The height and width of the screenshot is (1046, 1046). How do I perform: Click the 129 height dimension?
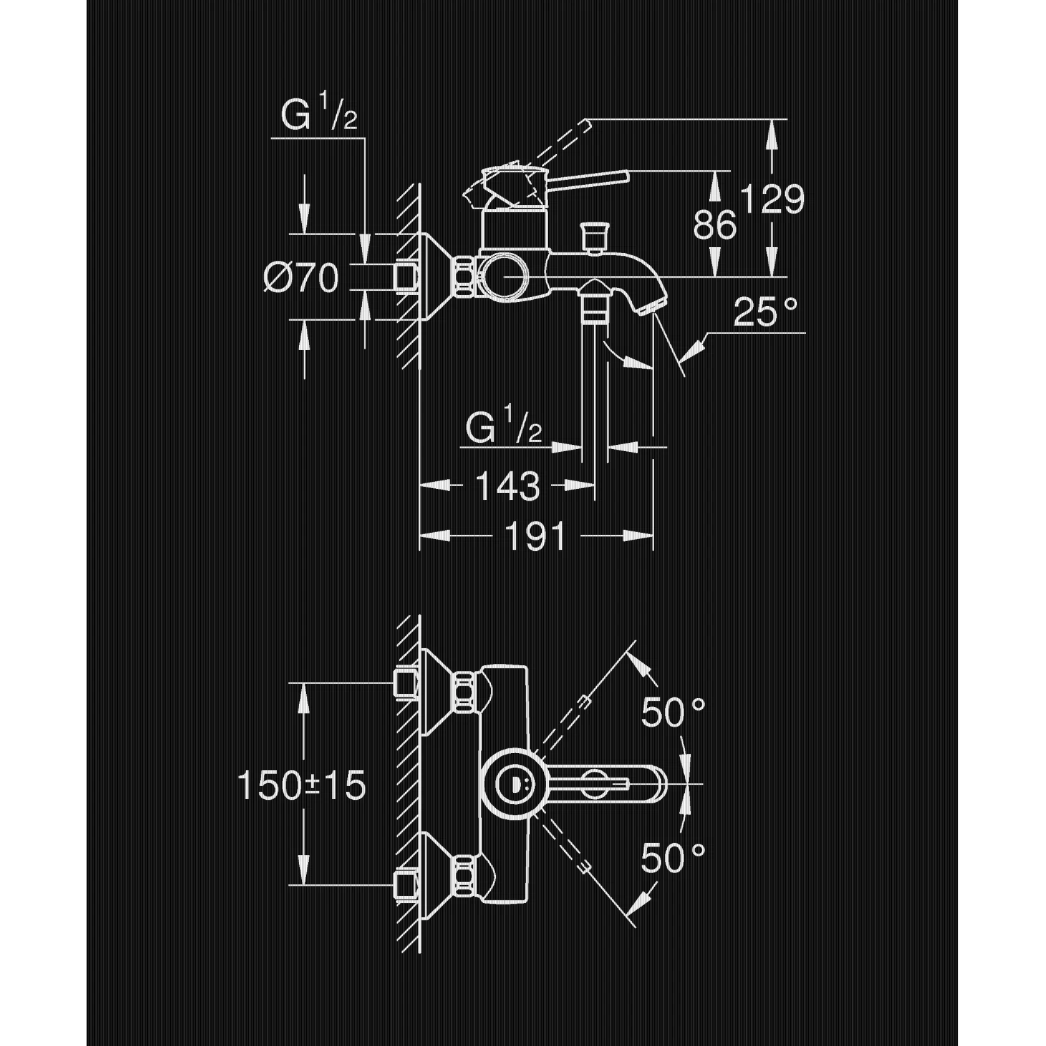pos(772,199)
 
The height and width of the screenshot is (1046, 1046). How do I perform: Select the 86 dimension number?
pos(715,225)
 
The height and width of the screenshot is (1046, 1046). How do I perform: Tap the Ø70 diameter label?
pos(302,279)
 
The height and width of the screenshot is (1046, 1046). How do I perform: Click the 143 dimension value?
pos(508,486)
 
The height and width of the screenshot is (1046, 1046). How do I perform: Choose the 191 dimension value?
pos(535,537)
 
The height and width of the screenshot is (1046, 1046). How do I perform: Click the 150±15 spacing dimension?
pos(302,786)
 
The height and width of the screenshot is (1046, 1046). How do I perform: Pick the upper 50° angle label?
pos(673,712)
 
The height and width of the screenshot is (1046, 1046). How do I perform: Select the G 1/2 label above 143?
pos(503,429)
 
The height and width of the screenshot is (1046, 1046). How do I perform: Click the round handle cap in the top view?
pos(513,784)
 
